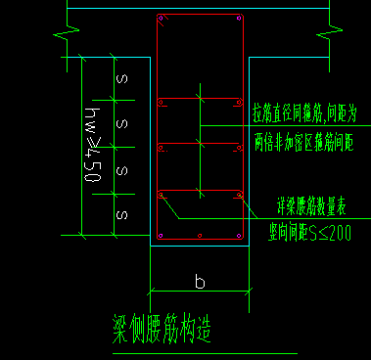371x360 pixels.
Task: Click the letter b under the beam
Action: [x=200, y=282]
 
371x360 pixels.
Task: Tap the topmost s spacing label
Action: [x=122, y=77]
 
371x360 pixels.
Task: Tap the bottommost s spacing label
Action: [x=122, y=213]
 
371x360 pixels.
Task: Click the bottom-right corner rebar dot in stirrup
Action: [x=238, y=236]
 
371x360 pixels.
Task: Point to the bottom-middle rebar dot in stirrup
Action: [x=200, y=237]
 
